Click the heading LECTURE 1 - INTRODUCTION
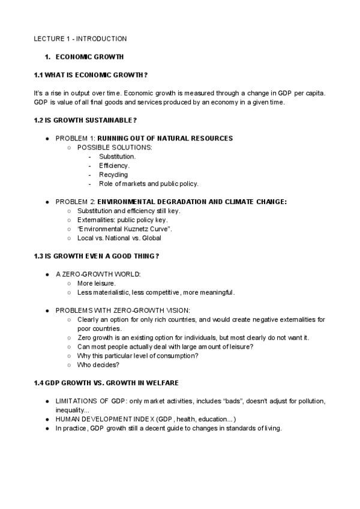[x=80, y=39]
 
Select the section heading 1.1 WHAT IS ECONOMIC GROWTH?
[x=91, y=74]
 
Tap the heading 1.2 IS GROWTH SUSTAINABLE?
[x=81, y=120]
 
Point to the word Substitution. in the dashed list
[x=118, y=156]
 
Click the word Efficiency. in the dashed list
[x=114, y=165]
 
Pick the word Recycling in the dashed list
[x=113, y=175]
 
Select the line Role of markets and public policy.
[x=149, y=184]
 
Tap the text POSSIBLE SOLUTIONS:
[x=115, y=147]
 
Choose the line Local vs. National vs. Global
[x=119, y=238]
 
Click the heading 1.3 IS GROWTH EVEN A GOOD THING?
[x=97, y=256]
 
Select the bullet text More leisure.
[x=97, y=283]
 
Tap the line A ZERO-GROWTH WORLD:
[x=98, y=274]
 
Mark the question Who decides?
[x=98, y=364]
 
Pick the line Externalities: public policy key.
[x=122, y=220]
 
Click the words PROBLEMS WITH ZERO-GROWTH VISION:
[x=122, y=310]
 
